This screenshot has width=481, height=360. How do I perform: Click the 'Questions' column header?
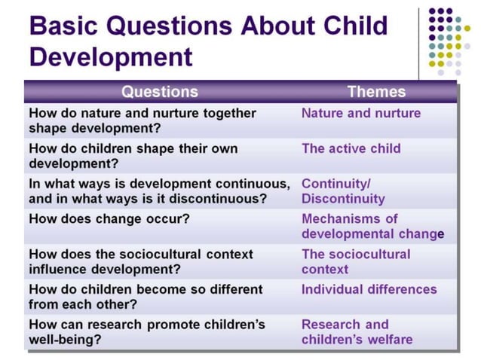[160, 92]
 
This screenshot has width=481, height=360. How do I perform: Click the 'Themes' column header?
[375, 92]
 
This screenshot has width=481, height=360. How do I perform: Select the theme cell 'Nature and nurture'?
[361, 113]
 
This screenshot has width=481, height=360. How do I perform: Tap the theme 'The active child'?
[351, 148]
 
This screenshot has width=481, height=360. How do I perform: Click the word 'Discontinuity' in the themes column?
[343, 199]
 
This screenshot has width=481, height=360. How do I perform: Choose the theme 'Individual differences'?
[369, 289]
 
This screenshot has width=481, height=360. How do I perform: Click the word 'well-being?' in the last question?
[66, 340]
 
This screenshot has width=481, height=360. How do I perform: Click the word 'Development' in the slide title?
[110, 57]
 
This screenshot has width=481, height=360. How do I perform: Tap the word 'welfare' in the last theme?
[388, 340]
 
